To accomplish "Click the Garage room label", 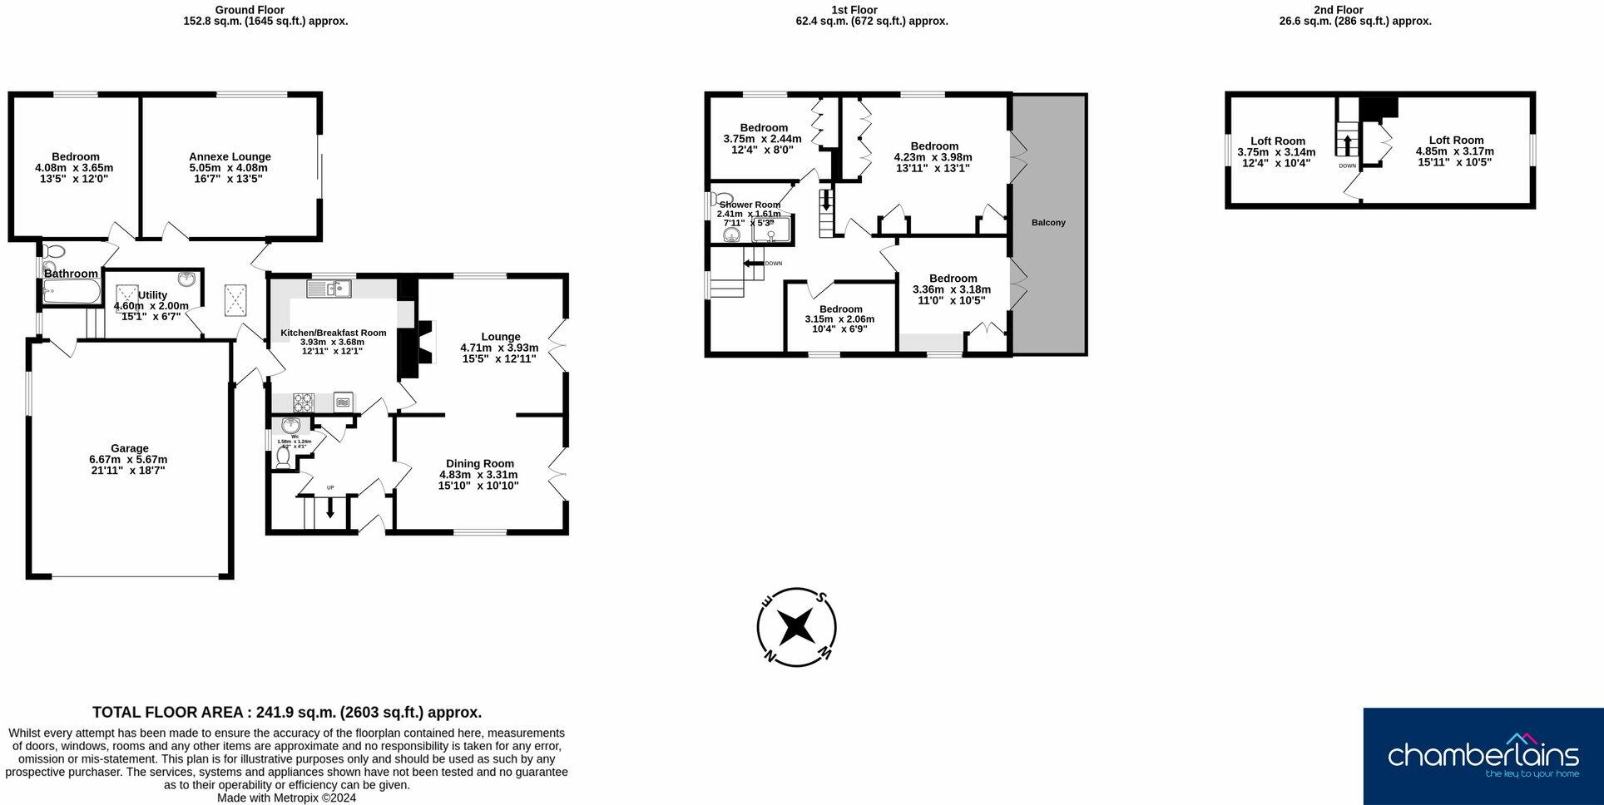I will point(129,448).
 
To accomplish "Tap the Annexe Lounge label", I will point(230,156).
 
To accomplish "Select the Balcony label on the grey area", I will point(1048,223).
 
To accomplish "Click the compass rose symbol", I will point(796,626).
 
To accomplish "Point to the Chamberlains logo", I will point(1483,755).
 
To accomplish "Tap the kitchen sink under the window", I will point(329,289).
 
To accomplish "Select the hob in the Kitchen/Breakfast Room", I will point(303,402).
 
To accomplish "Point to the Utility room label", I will point(152,295).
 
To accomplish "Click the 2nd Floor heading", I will point(1339,10).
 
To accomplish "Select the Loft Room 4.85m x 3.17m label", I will point(1455,141).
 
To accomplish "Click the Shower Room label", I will point(750,205).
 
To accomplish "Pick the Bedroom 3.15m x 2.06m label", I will point(840,309).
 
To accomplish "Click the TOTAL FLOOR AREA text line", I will point(287,713).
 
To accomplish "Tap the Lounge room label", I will point(500,337).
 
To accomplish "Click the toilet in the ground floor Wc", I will point(284,458).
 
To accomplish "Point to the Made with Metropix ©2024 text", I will point(286,798).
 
